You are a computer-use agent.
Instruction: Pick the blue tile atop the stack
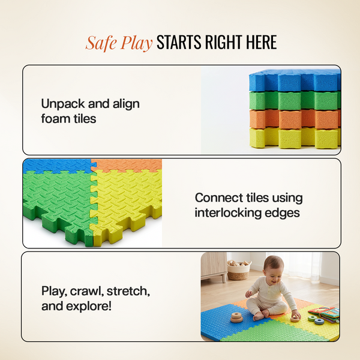click(x=295, y=80)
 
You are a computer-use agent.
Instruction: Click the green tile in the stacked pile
click(x=295, y=100)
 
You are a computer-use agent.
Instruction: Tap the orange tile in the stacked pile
click(x=295, y=119)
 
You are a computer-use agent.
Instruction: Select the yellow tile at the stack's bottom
click(x=295, y=138)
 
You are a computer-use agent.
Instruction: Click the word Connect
click(x=219, y=197)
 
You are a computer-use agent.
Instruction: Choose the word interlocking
click(x=228, y=212)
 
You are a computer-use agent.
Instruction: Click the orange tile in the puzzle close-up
click(x=127, y=166)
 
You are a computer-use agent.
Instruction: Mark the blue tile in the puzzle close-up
click(x=58, y=166)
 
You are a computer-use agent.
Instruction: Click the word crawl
click(x=85, y=291)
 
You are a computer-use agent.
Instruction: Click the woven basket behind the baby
click(x=239, y=270)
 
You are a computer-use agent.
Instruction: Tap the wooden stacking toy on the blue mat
click(x=238, y=318)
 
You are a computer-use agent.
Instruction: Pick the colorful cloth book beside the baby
click(x=325, y=314)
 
